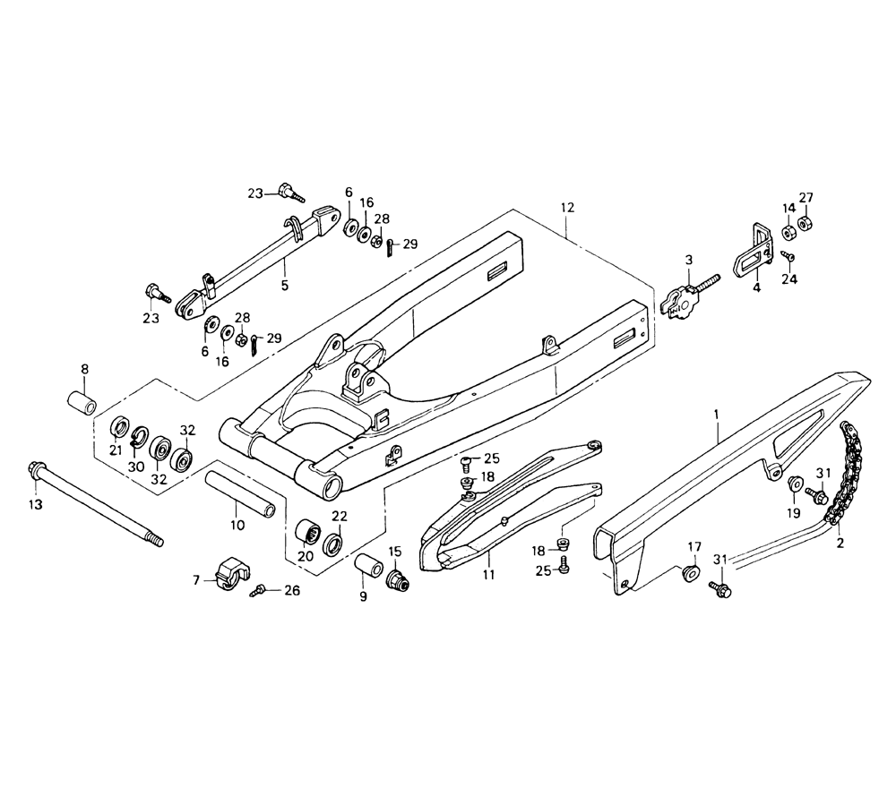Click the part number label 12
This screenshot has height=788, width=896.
coord(566,208)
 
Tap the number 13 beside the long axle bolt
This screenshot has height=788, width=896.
coord(35,505)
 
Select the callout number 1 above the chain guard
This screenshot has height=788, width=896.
coord(717,414)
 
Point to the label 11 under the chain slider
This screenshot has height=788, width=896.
coord(487,573)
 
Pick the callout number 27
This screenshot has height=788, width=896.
coord(806,198)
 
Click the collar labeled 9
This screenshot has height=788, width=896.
coord(367,570)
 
